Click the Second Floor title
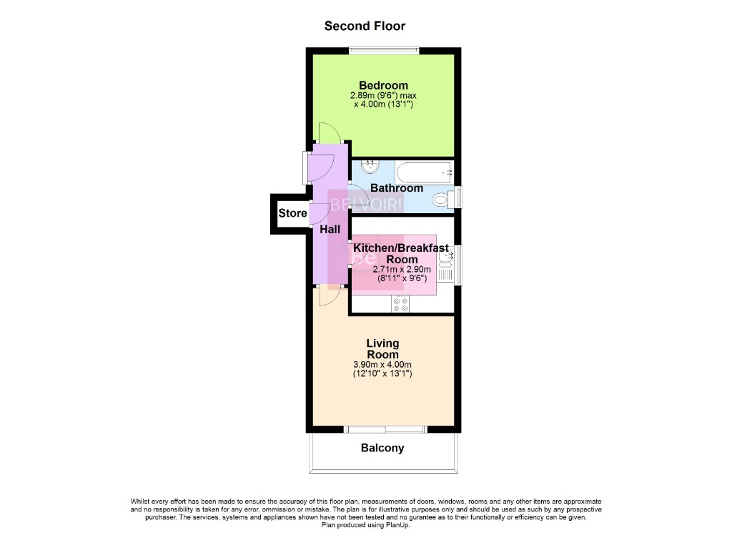click(365, 26)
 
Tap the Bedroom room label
click(383, 85)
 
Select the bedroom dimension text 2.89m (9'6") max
click(383, 95)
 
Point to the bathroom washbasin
click(370, 167)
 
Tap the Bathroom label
click(396, 188)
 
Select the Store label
click(292, 213)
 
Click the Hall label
click(330, 230)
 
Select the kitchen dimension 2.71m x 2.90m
click(402, 270)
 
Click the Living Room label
click(382, 349)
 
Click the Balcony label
click(382, 449)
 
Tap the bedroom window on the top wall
click(382, 50)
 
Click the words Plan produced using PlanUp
click(366, 524)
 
